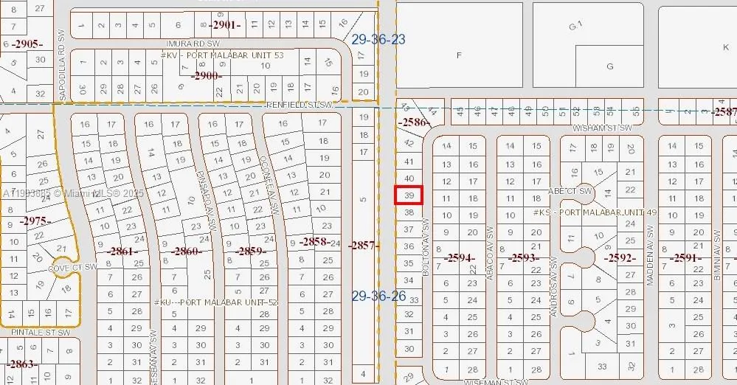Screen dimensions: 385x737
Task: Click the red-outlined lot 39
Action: (409, 195)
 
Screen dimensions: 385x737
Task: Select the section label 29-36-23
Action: (378, 39)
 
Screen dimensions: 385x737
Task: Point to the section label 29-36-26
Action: (378, 296)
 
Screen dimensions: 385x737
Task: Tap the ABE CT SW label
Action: (570, 191)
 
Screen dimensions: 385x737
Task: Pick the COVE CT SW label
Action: (72, 267)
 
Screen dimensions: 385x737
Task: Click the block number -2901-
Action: (225, 25)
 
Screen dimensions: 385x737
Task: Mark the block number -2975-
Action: (36, 221)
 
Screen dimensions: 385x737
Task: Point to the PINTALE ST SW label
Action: (41, 333)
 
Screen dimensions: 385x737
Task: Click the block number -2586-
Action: (413, 122)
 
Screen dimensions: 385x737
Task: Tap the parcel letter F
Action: (459, 55)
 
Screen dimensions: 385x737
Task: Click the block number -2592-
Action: (620, 258)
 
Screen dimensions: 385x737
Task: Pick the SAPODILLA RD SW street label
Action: (63, 66)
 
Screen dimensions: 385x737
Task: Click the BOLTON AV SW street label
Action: (426, 246)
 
